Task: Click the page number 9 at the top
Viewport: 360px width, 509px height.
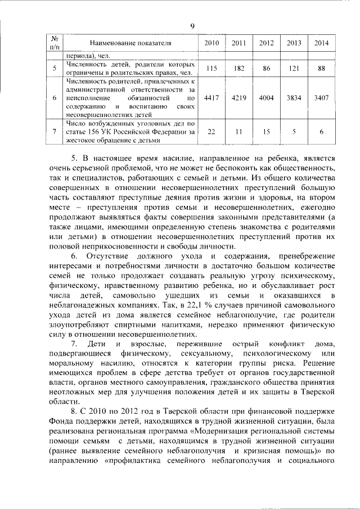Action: tap(192, 26)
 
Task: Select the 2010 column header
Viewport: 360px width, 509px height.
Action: tap(211, 43)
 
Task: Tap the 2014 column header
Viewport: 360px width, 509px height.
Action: tap(322, 43)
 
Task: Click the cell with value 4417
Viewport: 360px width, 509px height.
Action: tap(211, 97)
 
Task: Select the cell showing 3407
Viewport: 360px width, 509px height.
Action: tap(322, 97)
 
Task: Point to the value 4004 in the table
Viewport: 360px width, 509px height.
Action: tap(267, 97)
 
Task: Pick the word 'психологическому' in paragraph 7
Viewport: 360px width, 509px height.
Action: tap(276, 353)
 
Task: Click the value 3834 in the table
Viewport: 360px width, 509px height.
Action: tap(294, 97)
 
